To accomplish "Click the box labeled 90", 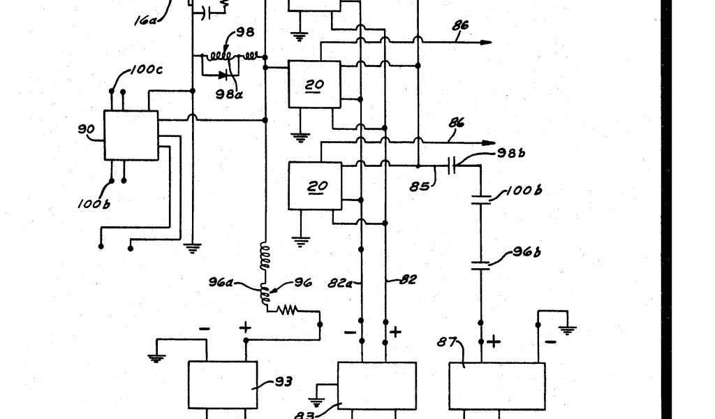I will tap(131, 135).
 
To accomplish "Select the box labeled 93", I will tap(223, 384).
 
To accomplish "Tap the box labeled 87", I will tap(496, 385).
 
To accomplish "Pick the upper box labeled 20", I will tap(315, 84).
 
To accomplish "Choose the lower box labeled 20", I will tap(315, 186).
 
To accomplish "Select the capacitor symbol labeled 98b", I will tap(452, 166).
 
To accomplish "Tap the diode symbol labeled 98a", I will tap(223, 74).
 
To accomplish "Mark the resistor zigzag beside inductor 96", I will tap(289, 309).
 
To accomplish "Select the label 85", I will tap(420, 186).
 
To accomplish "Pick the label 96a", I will tap(221, 283).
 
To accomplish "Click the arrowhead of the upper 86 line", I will tap(488, 42).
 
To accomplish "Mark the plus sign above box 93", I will tap(245, 327).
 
